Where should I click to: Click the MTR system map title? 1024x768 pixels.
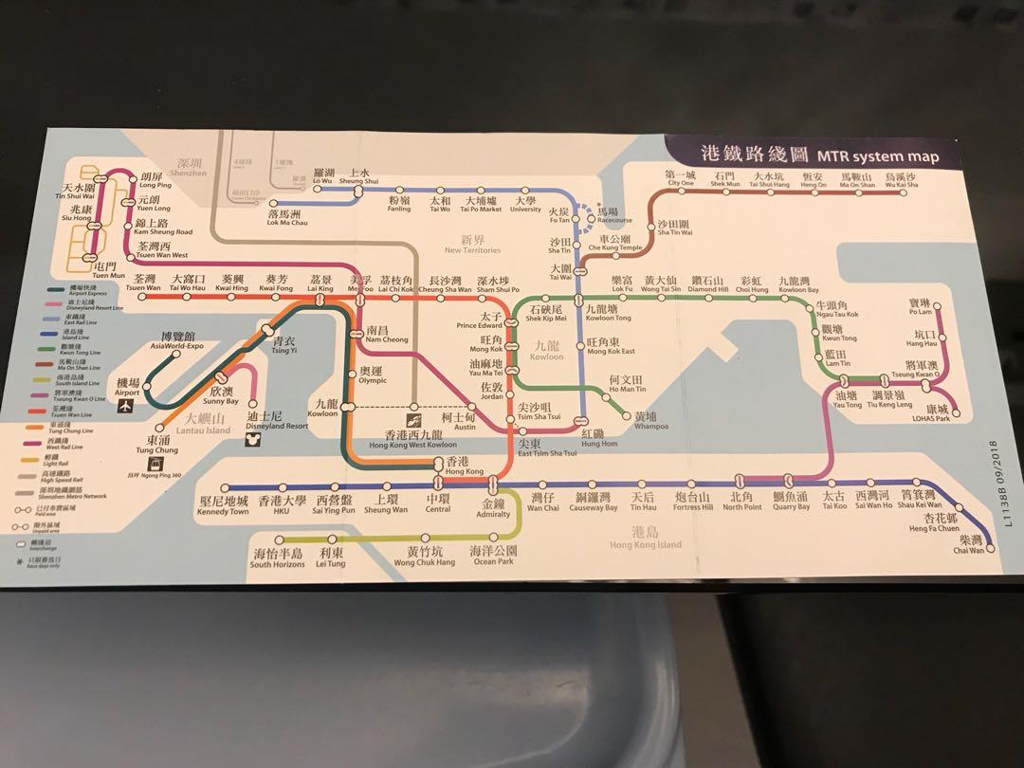tap(818, 155)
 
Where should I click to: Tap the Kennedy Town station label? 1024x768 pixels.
tap(224, 505)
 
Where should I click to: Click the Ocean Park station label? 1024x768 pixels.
tap(493, 556)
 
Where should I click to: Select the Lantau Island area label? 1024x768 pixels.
tap(208, 424)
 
